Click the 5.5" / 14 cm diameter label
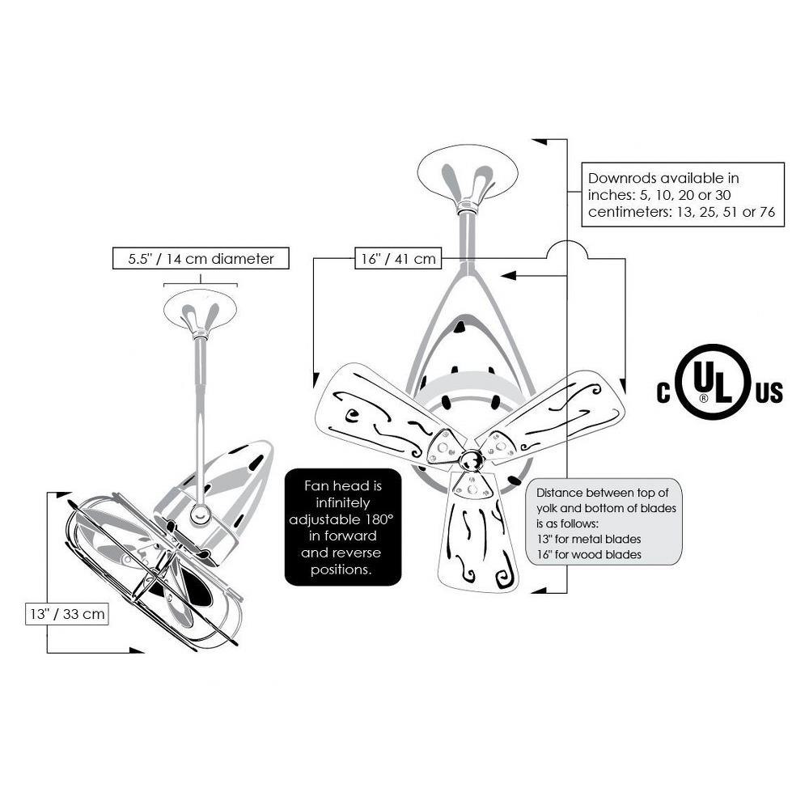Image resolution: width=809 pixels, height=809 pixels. tap(201, 259)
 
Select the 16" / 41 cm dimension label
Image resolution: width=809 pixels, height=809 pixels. tap(398, 258)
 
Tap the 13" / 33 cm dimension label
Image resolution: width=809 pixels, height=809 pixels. tap(67, 614)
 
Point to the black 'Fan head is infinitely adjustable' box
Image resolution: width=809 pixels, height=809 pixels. tap(343, 527)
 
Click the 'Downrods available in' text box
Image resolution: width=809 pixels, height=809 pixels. tap(683, 194)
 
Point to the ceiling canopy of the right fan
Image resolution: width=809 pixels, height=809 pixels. tap(468, 170)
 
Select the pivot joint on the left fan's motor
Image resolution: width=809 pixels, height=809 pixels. tap(200, 514)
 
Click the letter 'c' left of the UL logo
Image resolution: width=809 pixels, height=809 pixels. tap(663, 393)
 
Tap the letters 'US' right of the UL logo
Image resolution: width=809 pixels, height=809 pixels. tap(769, 393)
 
